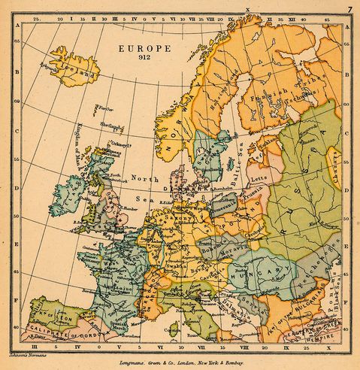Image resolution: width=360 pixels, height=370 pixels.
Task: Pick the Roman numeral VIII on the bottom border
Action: click(x=243, y=348)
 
